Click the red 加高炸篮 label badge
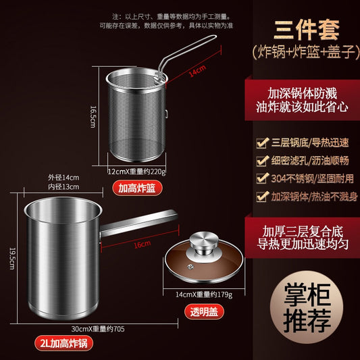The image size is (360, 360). pos(137,188)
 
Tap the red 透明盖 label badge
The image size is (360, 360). pos(204,311)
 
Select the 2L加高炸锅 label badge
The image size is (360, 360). pos(63,343)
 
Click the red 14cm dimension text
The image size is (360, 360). pos(197,71)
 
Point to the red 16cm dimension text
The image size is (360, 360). pos(143,245)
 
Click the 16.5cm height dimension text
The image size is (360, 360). pos(93,117)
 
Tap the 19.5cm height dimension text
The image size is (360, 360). pos(12,259)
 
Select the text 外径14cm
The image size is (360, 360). pos(63,178)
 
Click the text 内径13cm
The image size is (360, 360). pos(63,186)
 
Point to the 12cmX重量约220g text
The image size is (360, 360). pos(137,172)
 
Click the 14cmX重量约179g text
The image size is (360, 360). pos(204,294)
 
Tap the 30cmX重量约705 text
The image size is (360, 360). pos(98,329)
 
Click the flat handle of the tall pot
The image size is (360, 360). pos(139,224)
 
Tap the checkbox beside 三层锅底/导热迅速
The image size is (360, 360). pos(263,143)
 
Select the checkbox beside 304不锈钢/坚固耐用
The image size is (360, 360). pos(263,178)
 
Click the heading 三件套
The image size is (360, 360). pos(307,30)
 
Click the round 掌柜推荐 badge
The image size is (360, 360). pos(307,307)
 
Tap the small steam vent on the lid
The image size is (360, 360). pos(190,267)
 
